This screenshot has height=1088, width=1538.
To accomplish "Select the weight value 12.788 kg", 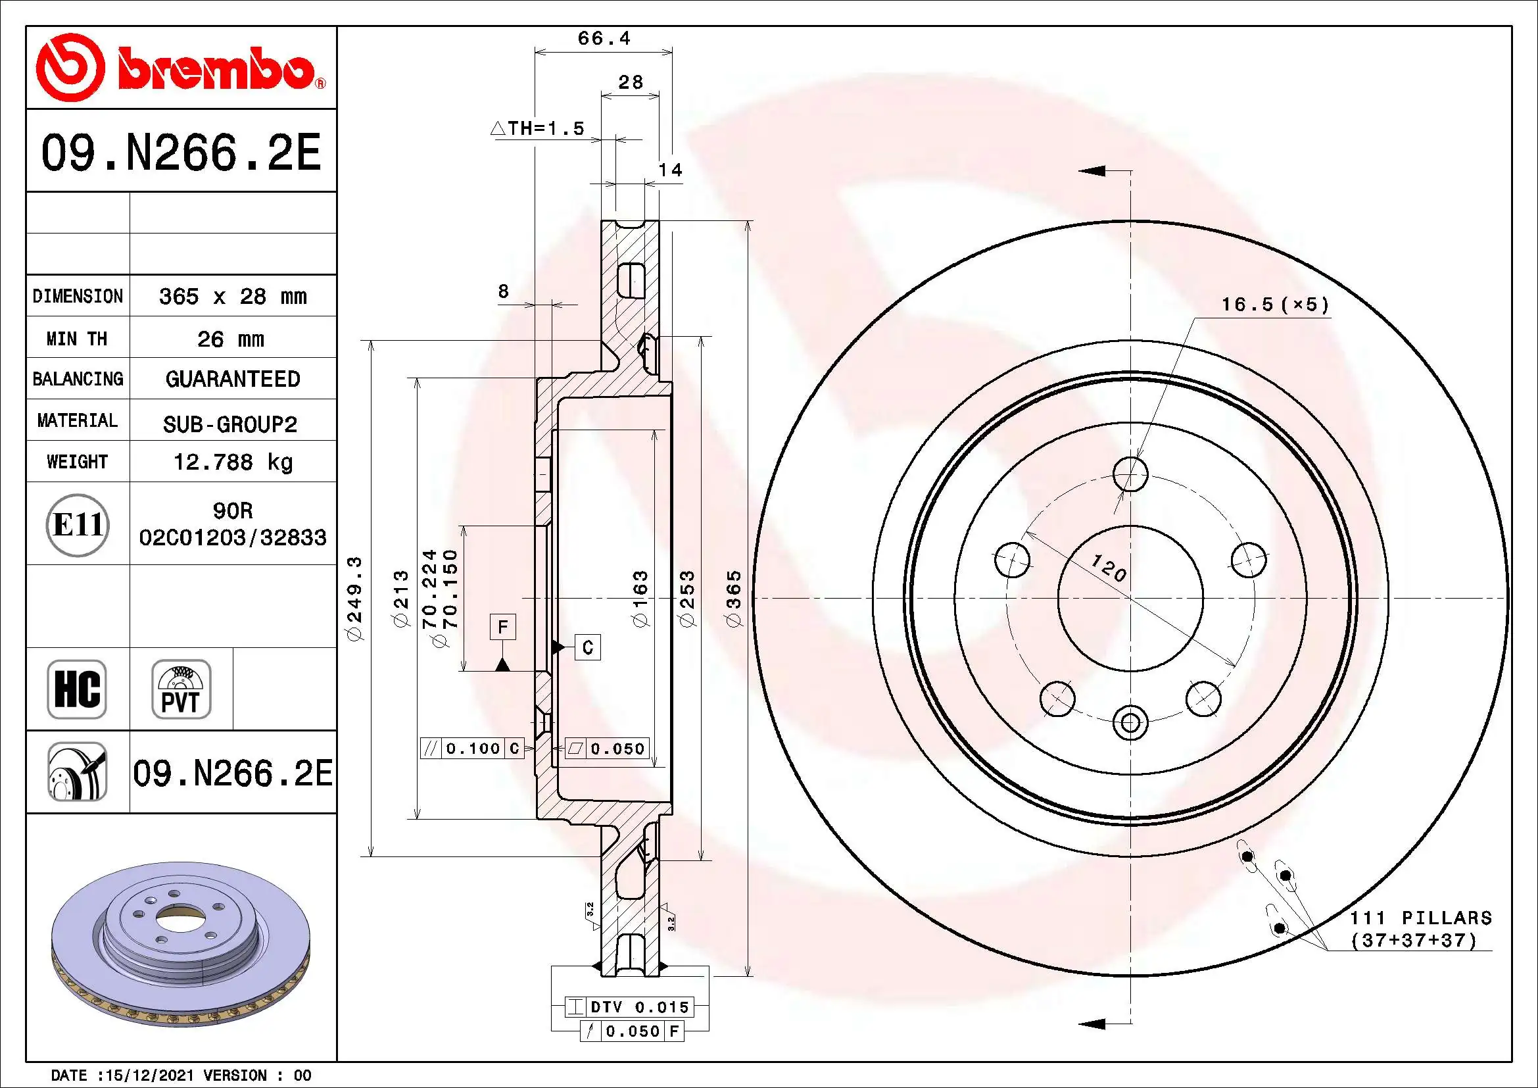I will coord(232,462).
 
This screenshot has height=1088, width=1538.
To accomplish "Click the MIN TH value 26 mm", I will coord(230,339).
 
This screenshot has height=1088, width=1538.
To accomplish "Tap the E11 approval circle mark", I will coord(78,524).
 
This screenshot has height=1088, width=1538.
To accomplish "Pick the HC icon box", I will coord(77,689).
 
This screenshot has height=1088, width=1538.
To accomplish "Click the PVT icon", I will coord(181,689).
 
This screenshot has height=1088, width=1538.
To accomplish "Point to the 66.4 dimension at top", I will coord(604,38).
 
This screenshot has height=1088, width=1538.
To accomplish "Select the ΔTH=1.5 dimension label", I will coord(538,128).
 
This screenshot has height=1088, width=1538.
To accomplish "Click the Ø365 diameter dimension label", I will coord(734,598).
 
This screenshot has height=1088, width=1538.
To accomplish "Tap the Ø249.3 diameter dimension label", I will coord(355,598).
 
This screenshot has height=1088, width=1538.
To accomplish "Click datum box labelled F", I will coord(502,627).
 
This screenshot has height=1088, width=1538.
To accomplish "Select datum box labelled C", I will coord(587,647).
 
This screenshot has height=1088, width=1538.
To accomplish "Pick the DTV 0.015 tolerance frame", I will coord(629,1007).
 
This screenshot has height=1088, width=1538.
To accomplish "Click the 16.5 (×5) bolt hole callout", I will coord(1275,305).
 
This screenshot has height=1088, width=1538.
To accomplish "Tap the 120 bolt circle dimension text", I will coord(1109,568).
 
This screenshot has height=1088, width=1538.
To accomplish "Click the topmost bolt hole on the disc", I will coord(1130,474).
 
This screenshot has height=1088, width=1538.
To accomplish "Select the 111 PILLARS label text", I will coord(1421,918).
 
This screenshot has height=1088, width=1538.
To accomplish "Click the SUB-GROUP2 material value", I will coord(229,424).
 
